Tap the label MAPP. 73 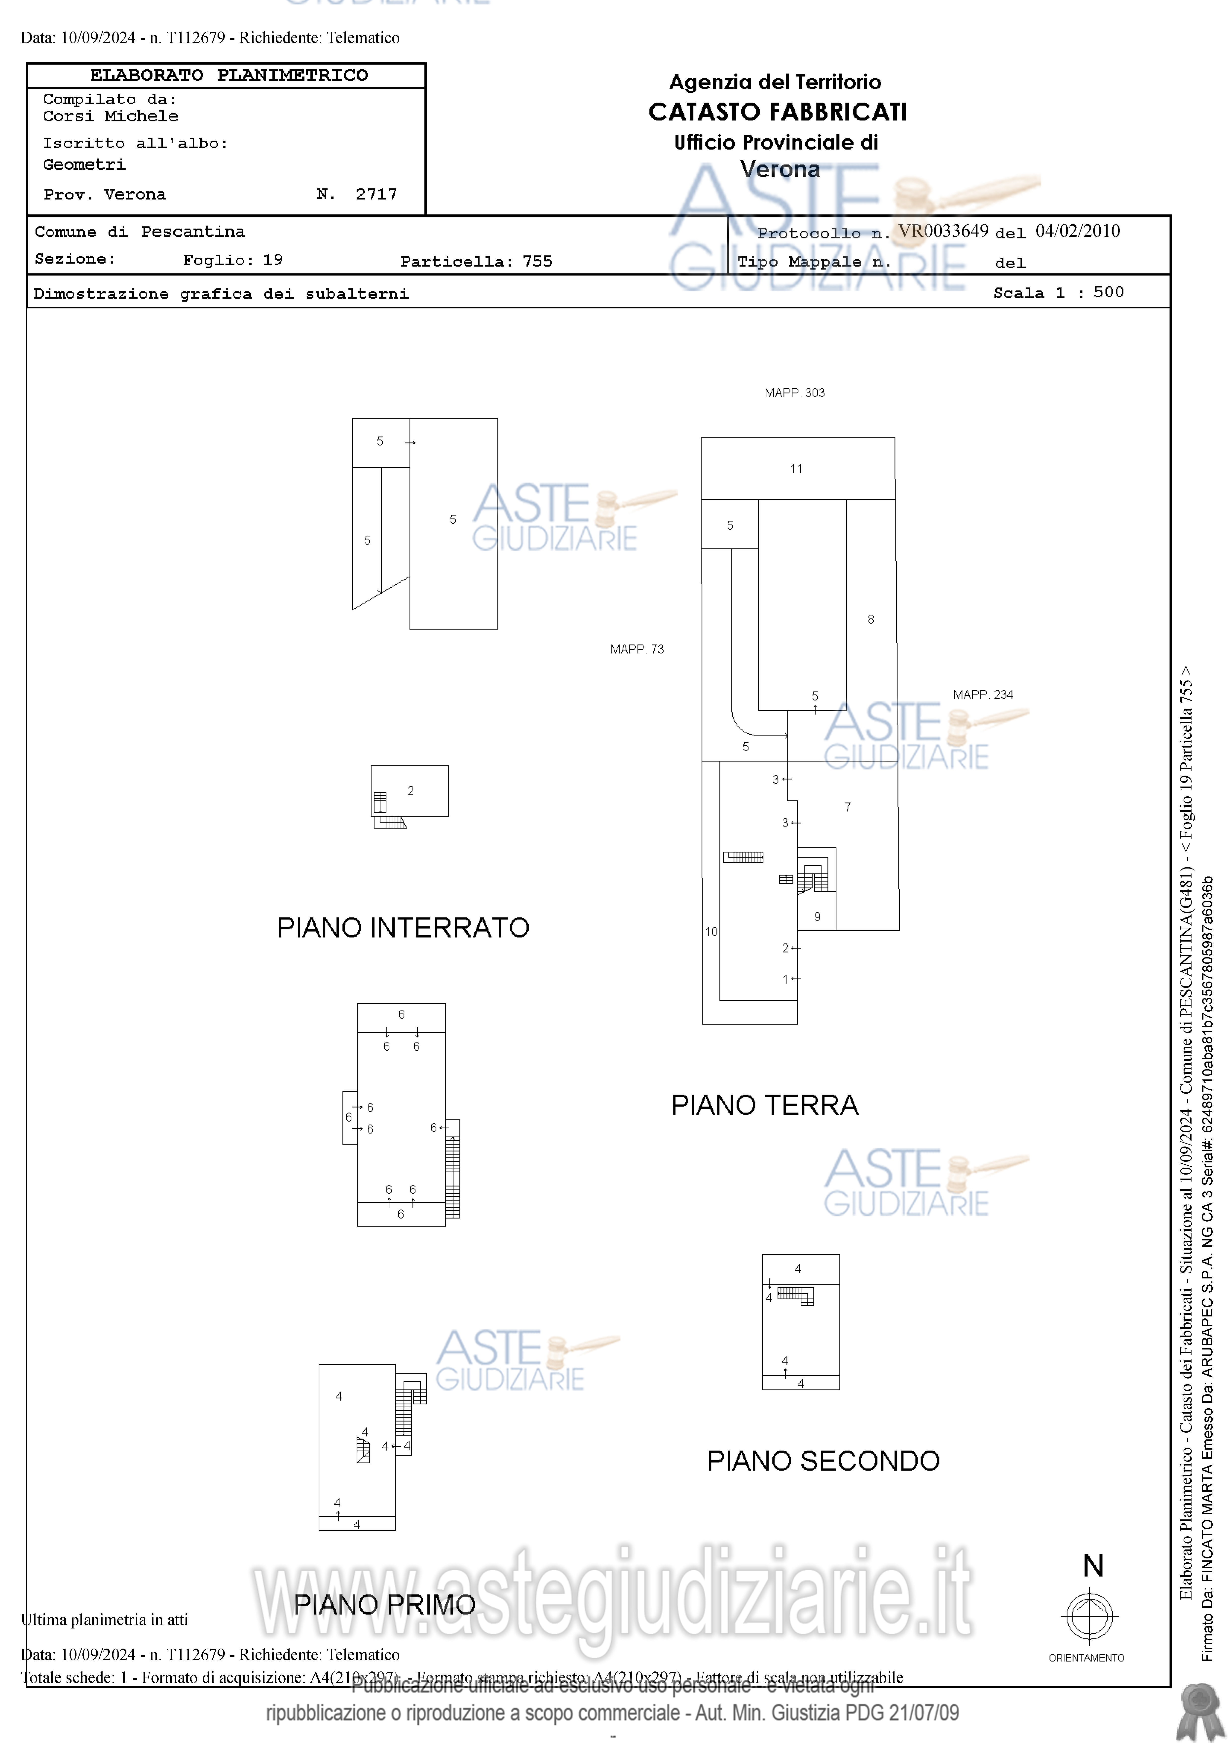click(x=637, y=649)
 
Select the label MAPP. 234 click(x=983, y=695)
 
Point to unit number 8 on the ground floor click(x=871, y=619)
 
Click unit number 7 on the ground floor click(x=848, y=807)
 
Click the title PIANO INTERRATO click(x=403, y=928)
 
